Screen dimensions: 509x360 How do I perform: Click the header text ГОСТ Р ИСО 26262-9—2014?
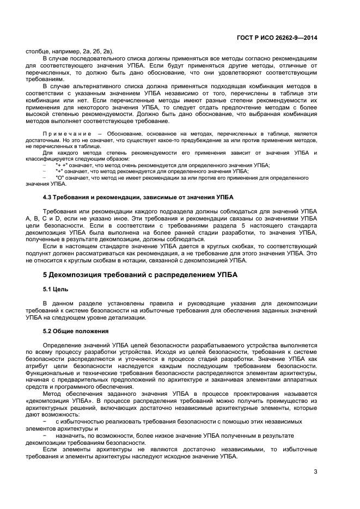click(284, 38)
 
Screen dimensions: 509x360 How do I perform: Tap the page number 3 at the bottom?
click(315, 471)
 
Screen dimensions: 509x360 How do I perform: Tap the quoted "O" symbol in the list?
click(59, 177)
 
